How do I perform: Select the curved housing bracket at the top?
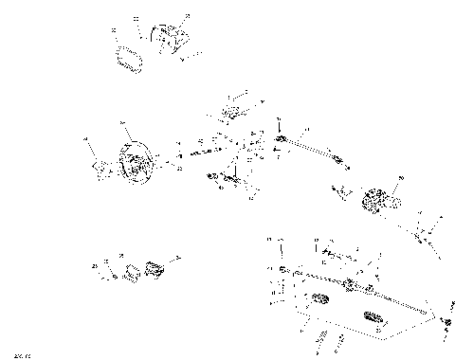[x=171, y=40]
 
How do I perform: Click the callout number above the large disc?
[x=121, y=124]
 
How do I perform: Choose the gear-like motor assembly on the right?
[x=379, y=201]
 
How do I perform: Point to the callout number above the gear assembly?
[x=402, y=176]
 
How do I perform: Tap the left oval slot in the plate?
[x=319, y=301]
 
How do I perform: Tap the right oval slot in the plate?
[x=376, y=316]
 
